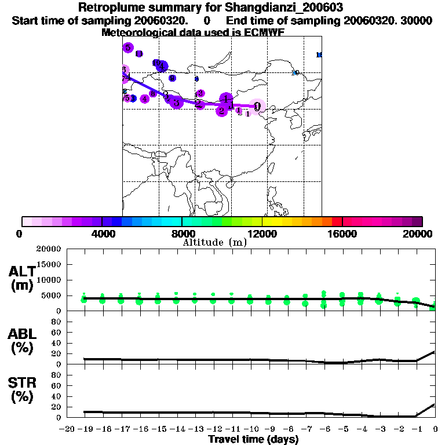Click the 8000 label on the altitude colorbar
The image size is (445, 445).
point(182,234)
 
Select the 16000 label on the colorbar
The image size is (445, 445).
point(342,234)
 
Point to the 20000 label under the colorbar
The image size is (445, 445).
point(422,234)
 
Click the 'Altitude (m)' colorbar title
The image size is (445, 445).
point(214,242)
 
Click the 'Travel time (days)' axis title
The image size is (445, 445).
point(253,440)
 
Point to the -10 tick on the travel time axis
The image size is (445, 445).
point(250,429)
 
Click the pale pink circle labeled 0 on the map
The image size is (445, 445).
point(257,106)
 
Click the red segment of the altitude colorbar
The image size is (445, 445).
point(337,221)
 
